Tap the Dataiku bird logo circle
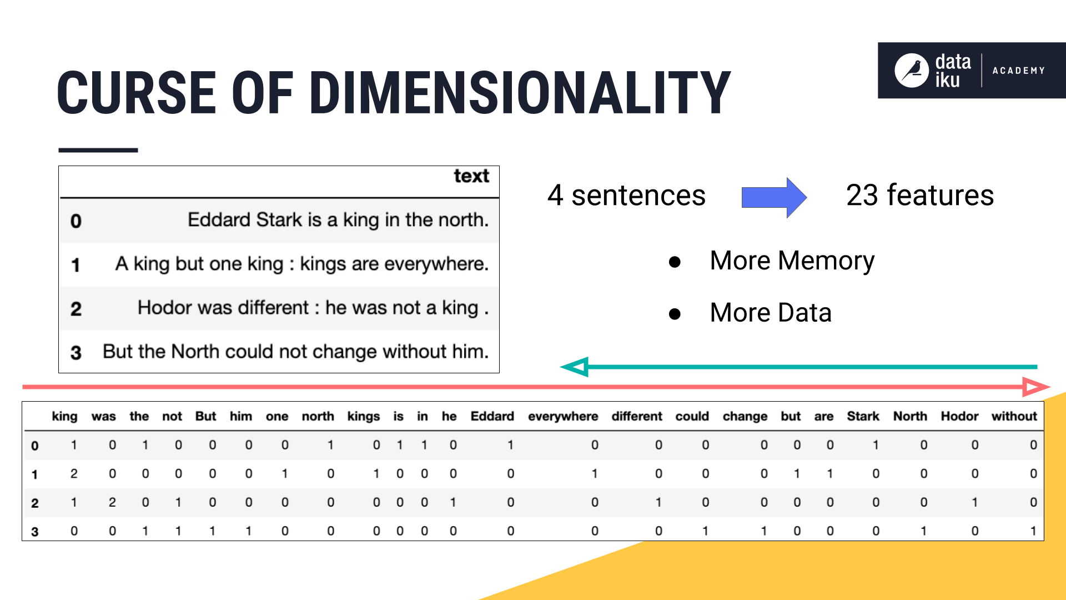pyautogui.click(x=911, y=71)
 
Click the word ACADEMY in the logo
pyautogui.click(x=1018, y=71)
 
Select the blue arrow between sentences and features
pyautogui.click(x=773, y=197)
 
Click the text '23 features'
pyautogui.click(x=919, y=196)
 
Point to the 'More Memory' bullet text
pyautogui.click(x=792, y=261)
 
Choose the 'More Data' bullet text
pyautogui.click(x=770, y=313)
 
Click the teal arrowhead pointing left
pyautogui.click(x=575, y=367)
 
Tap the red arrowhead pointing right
pyautogui.click(x=1035, y=387)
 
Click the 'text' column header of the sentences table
pyautogui.click(x=471, y=176)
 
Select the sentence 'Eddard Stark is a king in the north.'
pyautogui.click(x=338, y=220)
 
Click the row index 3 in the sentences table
pyautogui.click(x=76, y=353)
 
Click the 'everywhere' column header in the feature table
pyautogui.click(x=562, y=417)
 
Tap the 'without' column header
pyautogui.click(x=1014, y=417)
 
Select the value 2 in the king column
pyautogui.click(x=74, y=474)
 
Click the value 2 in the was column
pyautogui.click(x=112, y=503)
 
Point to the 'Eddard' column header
pyautogui.click(x=492, y=417)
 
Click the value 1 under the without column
pyautogui.click(x=1033, y=531)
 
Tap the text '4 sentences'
pyautogui.click(x=626, y=196)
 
